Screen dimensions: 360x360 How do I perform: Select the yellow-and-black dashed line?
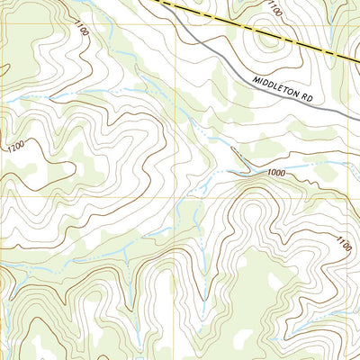pos(234,26)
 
